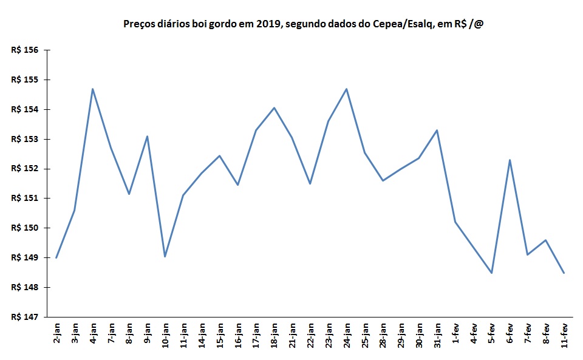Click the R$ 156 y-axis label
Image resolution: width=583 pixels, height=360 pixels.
pos(25,50)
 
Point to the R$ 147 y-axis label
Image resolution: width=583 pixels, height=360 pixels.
pos(25,317)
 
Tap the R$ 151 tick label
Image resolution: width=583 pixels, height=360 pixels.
pos(25,199)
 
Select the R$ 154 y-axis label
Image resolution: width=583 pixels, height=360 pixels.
pos(25,110)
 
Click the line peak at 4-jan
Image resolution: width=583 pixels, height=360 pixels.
pos(92,89)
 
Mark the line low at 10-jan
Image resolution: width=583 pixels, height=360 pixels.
pos(165,256)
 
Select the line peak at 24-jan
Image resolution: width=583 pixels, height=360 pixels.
pos(346,89)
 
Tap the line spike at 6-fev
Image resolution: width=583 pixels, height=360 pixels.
pos(510,160)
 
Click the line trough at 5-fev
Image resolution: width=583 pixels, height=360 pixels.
pos(491,273)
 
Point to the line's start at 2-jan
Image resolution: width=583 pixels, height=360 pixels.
pos(56,257)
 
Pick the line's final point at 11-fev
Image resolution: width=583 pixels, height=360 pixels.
pos(564,273)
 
